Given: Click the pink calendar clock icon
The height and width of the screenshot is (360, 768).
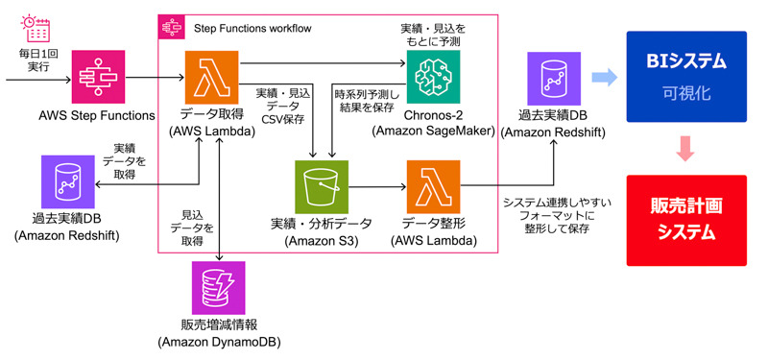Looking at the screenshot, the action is [x=36, y=28].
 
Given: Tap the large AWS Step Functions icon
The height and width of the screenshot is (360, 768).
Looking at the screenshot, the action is [x=100, y=79].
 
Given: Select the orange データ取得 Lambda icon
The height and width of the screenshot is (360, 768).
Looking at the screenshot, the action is [x=211, y=78].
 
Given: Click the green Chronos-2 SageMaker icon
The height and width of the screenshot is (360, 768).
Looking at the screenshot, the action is [x=434, y=77].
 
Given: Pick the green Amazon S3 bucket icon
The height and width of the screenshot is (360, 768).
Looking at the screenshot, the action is [x=322, y=186].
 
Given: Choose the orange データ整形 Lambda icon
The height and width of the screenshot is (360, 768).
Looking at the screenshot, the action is [x=434, y=186].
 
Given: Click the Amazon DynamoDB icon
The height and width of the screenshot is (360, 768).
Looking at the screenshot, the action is [x=219, y=287].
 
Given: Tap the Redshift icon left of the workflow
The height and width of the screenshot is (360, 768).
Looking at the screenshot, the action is [x=68, y=181].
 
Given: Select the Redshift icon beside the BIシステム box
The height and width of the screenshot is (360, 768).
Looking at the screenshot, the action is [x=554, y=79].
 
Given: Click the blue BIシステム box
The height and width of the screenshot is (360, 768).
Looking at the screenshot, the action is [x=686, y=77].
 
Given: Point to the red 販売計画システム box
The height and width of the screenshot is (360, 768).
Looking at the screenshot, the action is [x=686, y=221].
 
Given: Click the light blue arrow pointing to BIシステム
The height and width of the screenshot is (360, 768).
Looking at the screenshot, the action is [x=605, y=78].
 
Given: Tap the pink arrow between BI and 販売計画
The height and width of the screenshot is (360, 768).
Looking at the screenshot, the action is [x=685, y=149].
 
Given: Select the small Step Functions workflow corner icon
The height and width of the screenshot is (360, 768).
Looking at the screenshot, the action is [x=172, y=28].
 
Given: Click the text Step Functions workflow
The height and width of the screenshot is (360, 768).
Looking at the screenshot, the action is [x=252, y=29].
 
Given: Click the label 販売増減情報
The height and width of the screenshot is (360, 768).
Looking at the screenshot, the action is [x=219, y=325].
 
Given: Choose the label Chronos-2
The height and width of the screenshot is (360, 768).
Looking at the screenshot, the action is [x=433, y=115].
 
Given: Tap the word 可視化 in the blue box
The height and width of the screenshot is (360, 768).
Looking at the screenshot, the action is [x=686, y=93].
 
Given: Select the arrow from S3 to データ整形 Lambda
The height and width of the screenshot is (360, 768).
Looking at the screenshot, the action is [x=377, y=186].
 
